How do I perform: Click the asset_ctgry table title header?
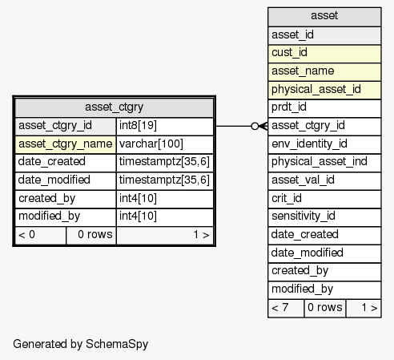(115, 107)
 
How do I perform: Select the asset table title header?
(324, 17)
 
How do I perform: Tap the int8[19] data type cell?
(165, 127)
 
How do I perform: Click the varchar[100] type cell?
(165, 144)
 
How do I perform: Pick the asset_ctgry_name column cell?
(66, 144)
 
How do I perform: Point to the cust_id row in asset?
(324, 54)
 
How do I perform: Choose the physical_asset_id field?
(324, 90)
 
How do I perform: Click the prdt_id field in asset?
(324, 108)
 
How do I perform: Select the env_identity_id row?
(324, 144)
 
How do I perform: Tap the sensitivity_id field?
(324, 217)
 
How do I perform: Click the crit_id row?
(324, 199)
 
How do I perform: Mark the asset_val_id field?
(324, 181)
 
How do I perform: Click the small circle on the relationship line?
(255, 126)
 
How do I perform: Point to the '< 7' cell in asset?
(286, 308)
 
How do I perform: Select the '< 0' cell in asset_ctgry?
(41, 236)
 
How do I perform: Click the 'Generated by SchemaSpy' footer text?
(80, 344)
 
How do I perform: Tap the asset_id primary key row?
(324, 35)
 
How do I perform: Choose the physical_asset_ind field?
(324, 163)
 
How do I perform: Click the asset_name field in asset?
(324, 72)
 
